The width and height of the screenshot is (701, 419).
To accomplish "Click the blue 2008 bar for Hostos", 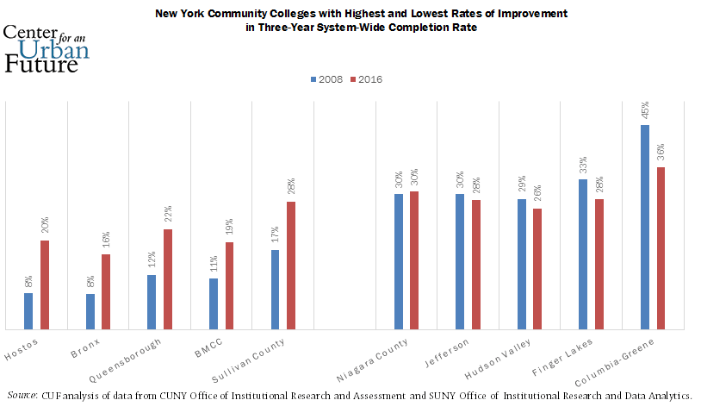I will (28, 310).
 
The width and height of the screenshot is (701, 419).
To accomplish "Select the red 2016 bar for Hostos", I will (45, 285).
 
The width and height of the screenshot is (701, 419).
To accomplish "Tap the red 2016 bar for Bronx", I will (106, 291).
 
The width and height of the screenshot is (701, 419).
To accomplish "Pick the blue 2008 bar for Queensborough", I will (152, 302).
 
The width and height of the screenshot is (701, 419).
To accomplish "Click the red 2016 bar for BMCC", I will (230, 285).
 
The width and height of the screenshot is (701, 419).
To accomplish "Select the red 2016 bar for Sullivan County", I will (291, 265).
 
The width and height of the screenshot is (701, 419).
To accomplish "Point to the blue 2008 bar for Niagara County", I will (399, 261).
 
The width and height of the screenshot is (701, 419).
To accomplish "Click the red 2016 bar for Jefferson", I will (476, 264).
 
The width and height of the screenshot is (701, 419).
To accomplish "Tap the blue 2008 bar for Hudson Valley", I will (522, 264).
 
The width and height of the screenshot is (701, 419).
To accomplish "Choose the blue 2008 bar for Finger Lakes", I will (583, 253).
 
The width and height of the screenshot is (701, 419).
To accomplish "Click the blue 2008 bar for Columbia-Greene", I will (645, 227).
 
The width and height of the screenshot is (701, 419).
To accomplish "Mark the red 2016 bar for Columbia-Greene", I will (661, 247).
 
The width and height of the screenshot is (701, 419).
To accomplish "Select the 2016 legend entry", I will (365, 79).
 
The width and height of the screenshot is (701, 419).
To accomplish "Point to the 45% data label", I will (645, 110).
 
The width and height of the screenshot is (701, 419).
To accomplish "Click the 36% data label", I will (661, 153).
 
